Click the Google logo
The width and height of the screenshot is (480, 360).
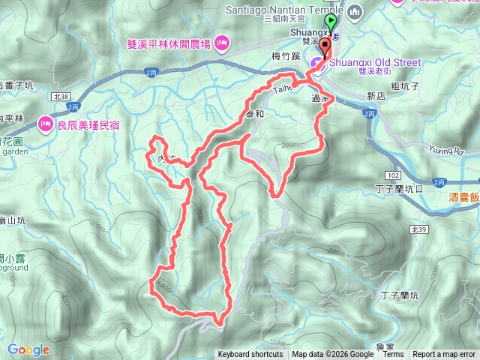click(28, 349)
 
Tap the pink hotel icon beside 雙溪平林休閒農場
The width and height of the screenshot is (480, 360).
click(222, 41)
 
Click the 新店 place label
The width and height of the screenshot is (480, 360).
click(376, 96)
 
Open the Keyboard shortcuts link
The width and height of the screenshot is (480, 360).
click(250, 355)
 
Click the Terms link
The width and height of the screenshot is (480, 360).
click(393, 355)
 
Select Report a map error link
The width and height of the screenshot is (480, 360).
click(444, 355)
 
